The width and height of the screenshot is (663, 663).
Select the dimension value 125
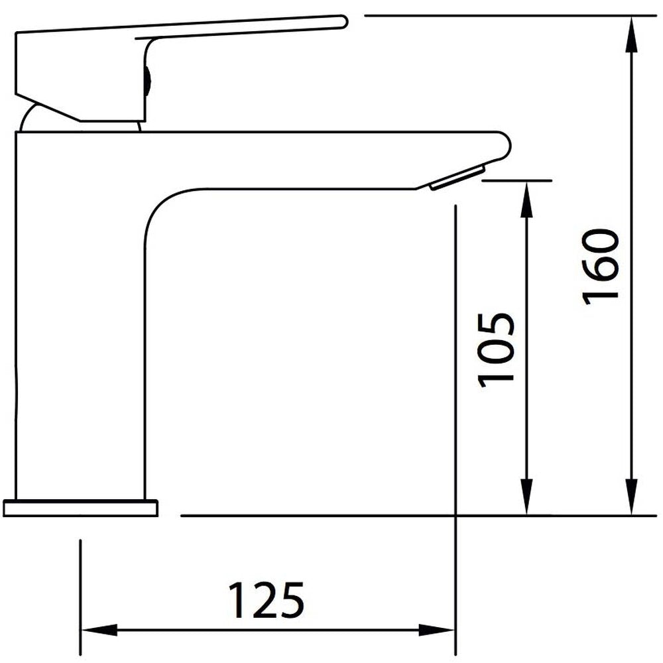pyautogui.click(x=266, y=600)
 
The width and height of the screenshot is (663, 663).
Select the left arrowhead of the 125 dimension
pyautogui.click(x=96, y=630)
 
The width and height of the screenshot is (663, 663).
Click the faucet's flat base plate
pyautogui.click(x=80, y=508)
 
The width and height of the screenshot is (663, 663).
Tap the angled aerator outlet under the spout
pyautogui.click(x=457, y=178)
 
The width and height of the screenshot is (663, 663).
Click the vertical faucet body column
pyautogui.click(x=80, y=318)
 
